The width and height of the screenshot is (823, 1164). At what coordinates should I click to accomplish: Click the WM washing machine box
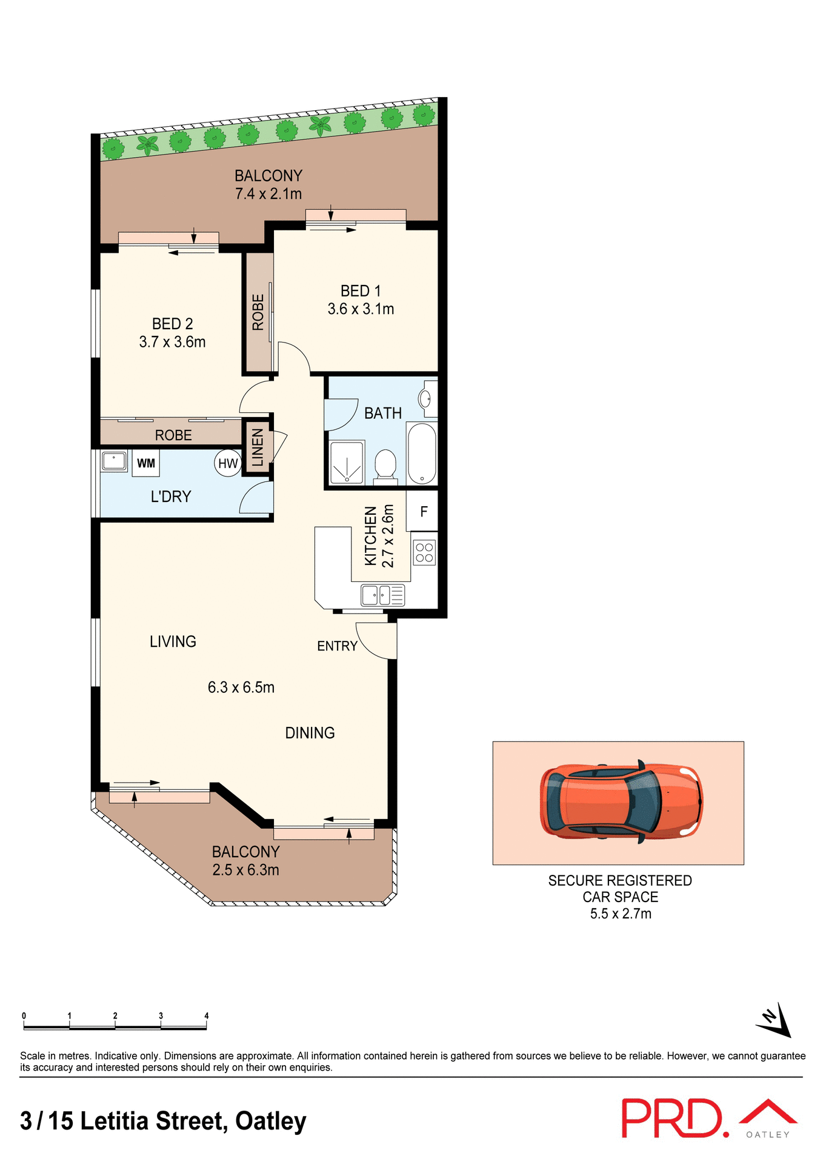point(145,463)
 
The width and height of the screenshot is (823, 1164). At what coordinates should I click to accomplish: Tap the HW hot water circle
point(228,464)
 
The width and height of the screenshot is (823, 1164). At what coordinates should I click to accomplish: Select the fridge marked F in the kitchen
point(424,511)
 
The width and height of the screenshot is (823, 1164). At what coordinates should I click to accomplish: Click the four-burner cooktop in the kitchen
point(425,552)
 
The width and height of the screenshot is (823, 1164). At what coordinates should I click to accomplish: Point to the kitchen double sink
point(382,595)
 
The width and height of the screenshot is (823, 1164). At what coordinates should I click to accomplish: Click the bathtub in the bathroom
point(422,453)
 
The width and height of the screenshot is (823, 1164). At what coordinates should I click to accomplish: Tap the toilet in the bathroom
point(385,466)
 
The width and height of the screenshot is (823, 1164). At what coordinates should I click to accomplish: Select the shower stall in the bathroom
point(347,462)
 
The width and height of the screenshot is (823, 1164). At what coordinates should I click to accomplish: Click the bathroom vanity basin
point(426,399)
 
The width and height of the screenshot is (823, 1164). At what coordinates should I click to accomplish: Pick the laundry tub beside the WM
point(113,460)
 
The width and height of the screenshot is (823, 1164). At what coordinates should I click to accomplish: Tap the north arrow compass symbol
point(775,1020)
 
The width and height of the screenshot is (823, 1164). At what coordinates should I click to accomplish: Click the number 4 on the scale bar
point(207,1015)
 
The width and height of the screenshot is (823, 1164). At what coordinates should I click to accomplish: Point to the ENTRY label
point(337,646)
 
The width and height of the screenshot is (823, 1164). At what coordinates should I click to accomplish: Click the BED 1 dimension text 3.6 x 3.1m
point(361,309)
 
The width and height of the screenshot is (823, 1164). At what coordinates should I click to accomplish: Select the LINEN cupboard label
point(258,447)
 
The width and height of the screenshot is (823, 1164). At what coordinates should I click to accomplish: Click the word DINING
point(310,733)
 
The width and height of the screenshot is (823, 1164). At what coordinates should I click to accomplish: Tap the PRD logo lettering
point(673,1119)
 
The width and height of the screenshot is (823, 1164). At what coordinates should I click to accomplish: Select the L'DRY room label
point(171,497)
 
